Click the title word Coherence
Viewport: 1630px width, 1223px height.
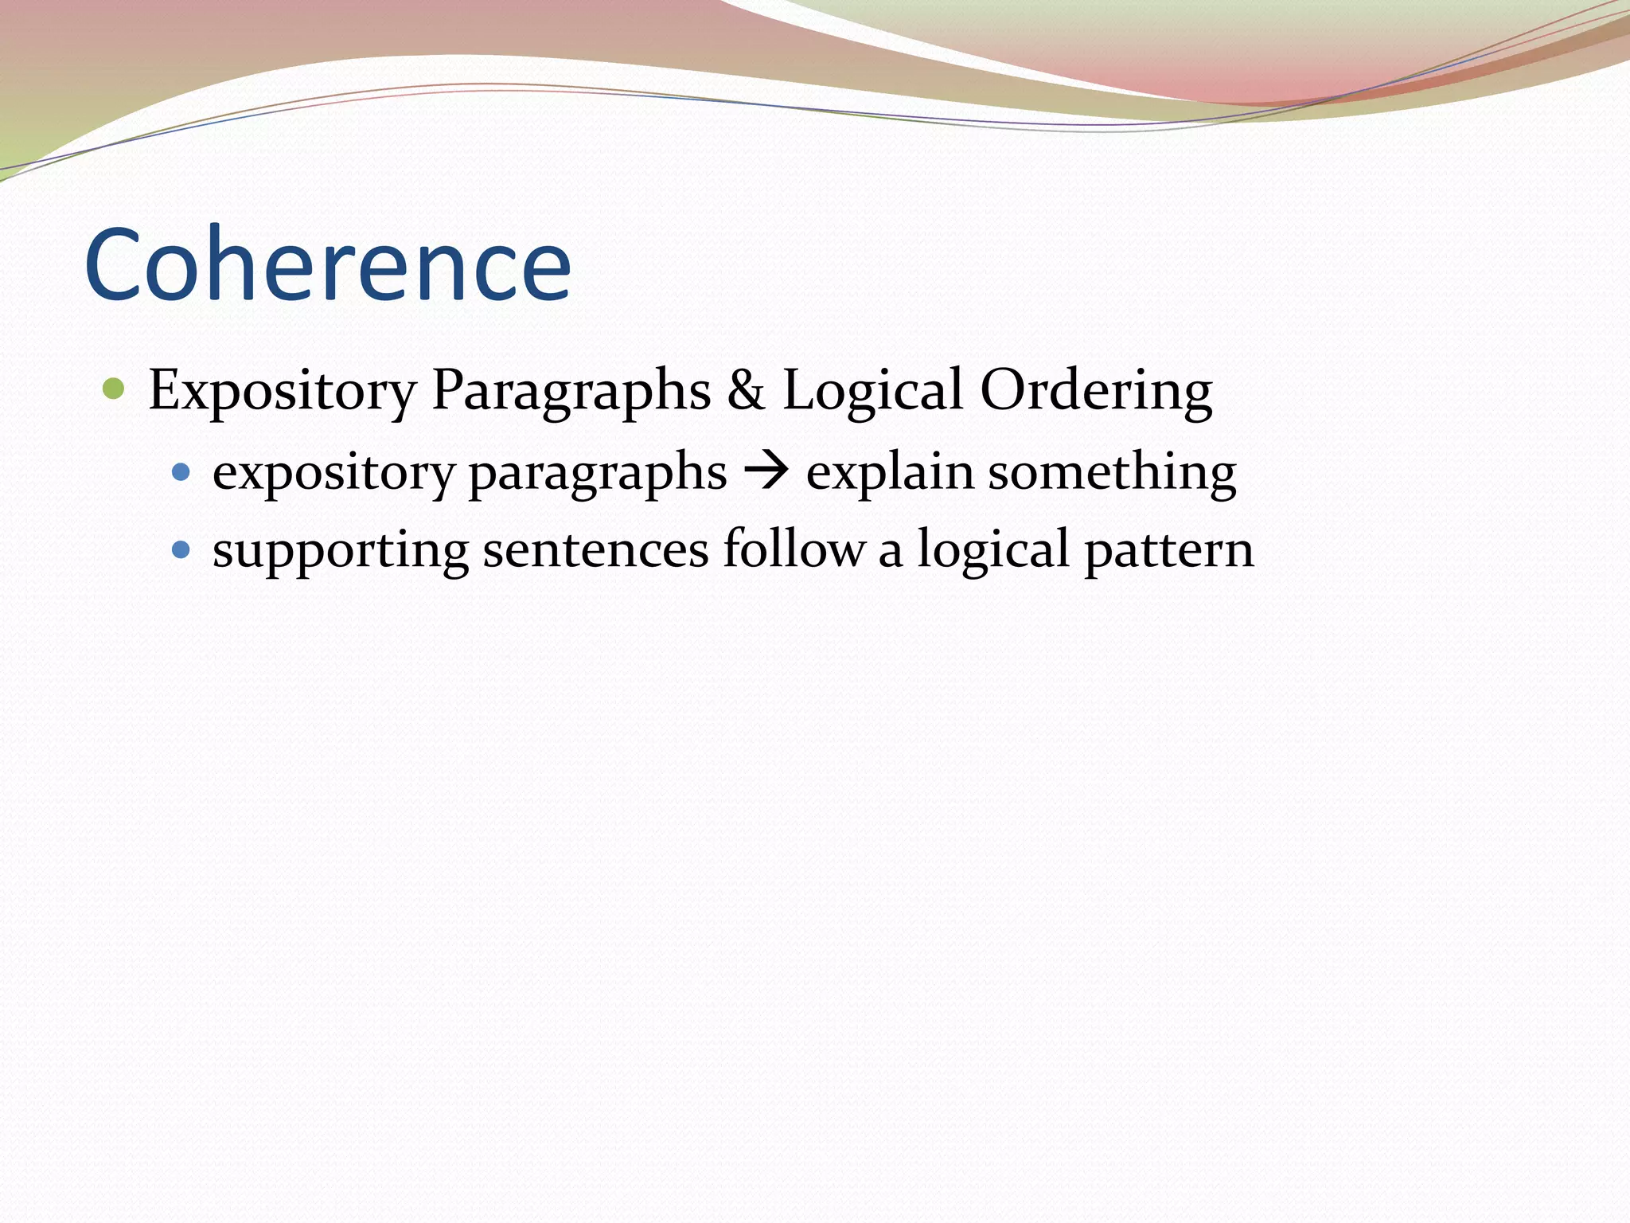(327, 264)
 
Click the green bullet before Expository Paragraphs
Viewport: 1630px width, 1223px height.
(114, 389)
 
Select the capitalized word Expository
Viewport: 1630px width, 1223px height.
(282, 391)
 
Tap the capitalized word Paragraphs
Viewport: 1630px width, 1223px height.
(571, 391)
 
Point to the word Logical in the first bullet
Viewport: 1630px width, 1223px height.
(872, 391)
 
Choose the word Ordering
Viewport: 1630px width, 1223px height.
(1096, 391)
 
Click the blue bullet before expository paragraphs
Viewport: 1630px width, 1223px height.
(181, 472)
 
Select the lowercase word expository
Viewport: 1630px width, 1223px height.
(333, 473)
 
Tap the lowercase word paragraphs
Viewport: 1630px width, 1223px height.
(597, 473)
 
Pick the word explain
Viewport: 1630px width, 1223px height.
(889, 473)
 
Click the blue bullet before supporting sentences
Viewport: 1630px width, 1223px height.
(181, 549)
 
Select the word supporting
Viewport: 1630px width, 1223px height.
(341, 551)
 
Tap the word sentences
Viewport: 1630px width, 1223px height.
(595, 551)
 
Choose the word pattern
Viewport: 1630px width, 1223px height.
(1168, 551)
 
